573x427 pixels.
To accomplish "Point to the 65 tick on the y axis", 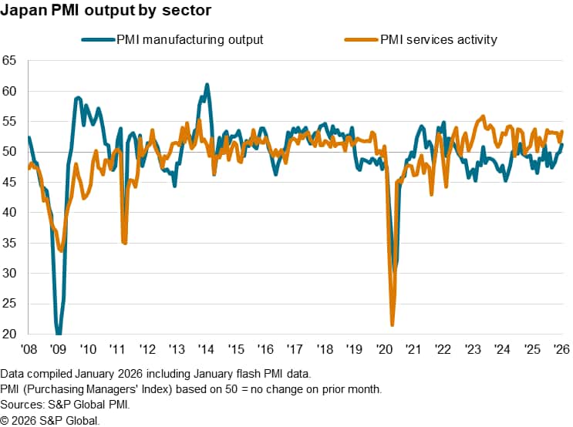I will point(10,60).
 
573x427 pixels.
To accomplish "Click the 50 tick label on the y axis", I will point(10,152).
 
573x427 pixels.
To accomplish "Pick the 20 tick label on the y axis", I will point(10,335).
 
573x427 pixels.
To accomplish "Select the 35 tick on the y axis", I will point(10,243).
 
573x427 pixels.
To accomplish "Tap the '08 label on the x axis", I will point(29,348).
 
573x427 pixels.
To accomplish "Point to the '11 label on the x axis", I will point(118,348).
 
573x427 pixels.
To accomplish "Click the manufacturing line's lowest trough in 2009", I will point(59,334).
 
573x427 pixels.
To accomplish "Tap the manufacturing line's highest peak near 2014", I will point(207,85).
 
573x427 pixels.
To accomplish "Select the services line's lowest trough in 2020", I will point(393,324).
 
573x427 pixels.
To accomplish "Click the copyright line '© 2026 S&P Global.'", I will point(50,420).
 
